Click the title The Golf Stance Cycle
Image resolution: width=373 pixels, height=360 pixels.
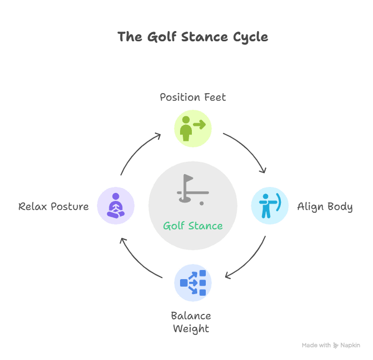192,37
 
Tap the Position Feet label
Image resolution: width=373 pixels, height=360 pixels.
193,97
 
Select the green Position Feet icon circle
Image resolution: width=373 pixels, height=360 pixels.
193,129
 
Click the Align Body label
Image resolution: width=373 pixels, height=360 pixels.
325,207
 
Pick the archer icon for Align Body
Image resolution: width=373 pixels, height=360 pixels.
270,206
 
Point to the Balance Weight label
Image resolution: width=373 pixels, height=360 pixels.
191,322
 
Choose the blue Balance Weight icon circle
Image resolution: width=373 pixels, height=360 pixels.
193,283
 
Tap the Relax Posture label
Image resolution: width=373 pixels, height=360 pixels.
54,206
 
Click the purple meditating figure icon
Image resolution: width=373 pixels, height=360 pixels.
116,206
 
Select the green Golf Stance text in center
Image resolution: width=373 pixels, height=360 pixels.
193,226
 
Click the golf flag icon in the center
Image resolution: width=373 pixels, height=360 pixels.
192,190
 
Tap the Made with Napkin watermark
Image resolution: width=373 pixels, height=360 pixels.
331,346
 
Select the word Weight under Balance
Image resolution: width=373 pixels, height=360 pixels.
191,328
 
